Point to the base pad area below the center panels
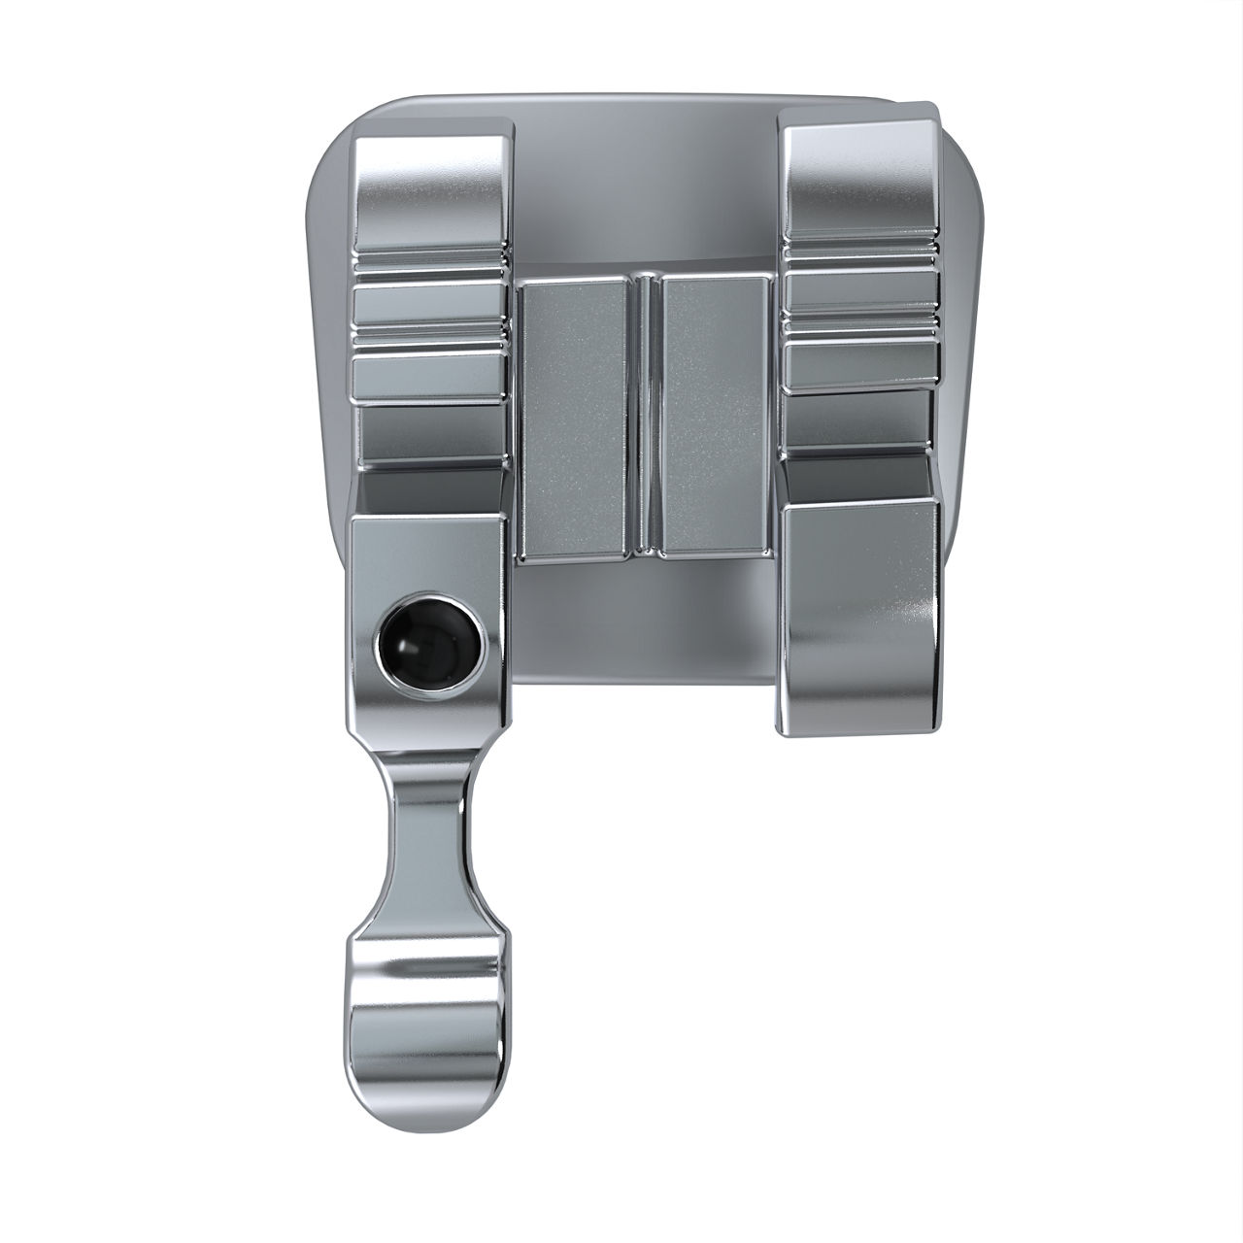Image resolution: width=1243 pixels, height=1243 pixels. [x=641, y=621]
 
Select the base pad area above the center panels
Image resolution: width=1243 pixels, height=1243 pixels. [x=641, y=194]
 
